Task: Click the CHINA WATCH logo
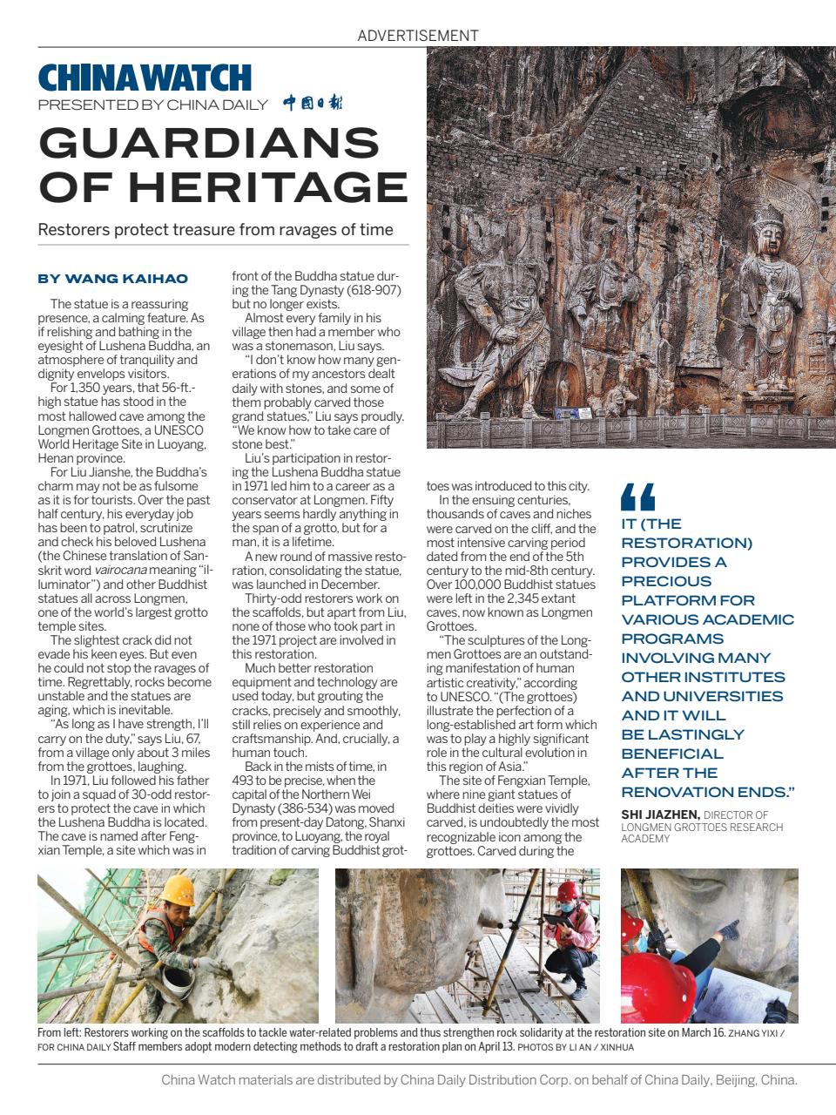click(x=145, y=78)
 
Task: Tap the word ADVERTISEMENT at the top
click(x=418, y=36)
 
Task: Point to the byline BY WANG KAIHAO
click(x=112, y=279)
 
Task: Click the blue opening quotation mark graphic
click(x=637, y=497)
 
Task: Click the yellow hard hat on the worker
click(x=180, y=889)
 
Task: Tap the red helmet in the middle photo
click(x=567, y=890)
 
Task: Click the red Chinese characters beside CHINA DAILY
click(x=313, y=104)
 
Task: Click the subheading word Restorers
click(x=74, y=230)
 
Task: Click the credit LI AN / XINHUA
click(x=605, y=1047)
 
